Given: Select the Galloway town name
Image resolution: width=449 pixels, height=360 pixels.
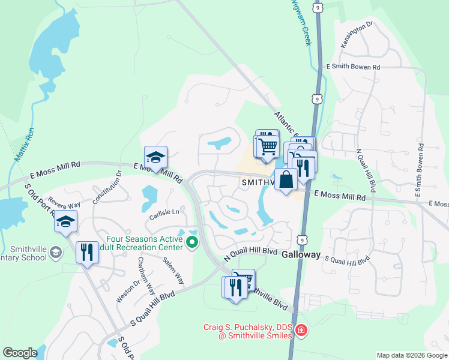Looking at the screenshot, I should point(301,254).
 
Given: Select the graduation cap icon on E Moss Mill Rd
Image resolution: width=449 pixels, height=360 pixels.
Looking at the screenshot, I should point(155,157).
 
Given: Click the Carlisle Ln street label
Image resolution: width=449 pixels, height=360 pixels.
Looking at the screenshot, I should point(164,212).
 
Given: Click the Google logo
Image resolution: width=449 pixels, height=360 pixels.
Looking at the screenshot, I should point(20,353).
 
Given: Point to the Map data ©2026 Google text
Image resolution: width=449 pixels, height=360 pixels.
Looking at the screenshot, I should point(411,355).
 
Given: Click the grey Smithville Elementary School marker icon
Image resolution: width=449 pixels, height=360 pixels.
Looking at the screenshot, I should point(56,251).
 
